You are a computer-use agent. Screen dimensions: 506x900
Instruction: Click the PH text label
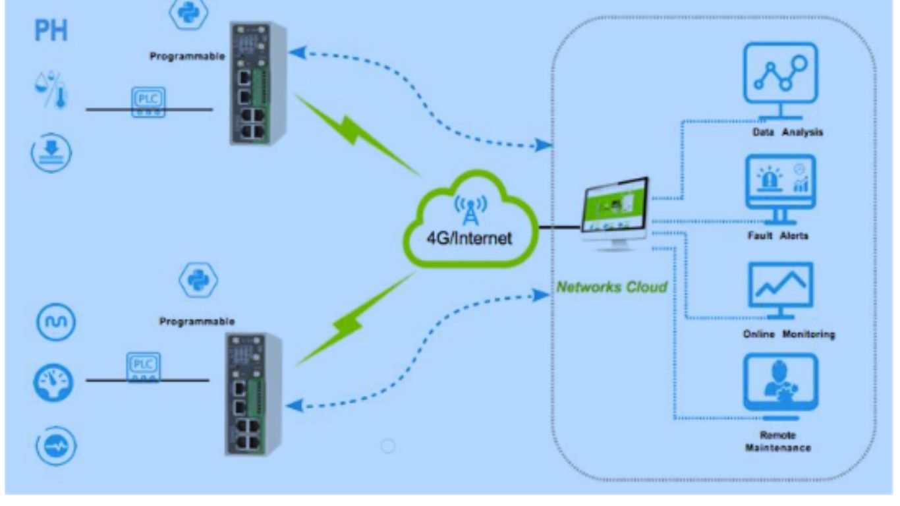51,31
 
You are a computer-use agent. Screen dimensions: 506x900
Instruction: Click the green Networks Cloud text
612,287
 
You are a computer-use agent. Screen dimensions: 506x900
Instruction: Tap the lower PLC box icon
143,368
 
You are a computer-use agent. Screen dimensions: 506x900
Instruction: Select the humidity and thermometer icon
51,91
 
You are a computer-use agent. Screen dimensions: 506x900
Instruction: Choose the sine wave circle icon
54,322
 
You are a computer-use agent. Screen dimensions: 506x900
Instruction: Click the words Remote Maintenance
777,441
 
